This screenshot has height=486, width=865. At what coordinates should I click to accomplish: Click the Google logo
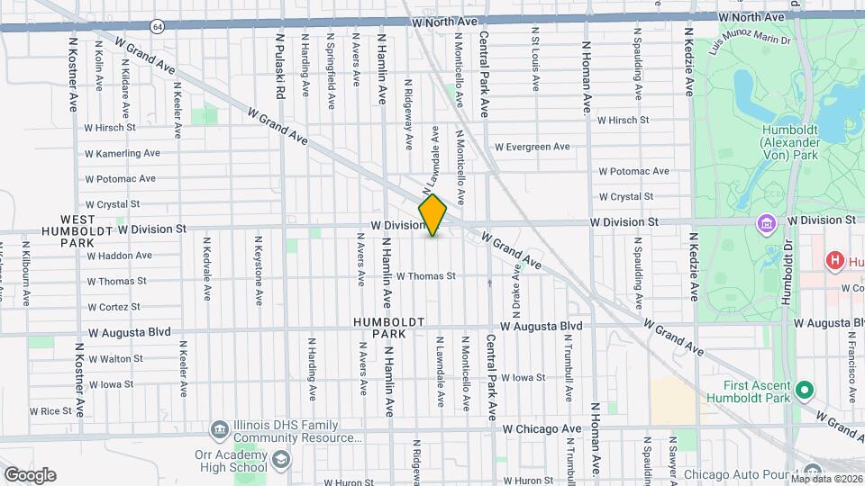coord(30,475)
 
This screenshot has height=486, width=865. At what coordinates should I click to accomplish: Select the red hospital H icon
coord(835,261)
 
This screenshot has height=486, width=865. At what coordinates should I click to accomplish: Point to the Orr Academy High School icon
coord(281,461)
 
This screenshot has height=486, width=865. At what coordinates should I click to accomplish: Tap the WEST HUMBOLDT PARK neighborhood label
coord(77,230)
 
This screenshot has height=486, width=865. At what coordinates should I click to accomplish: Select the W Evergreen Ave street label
coord(533,147)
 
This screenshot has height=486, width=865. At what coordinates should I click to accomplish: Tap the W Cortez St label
coord(116,306)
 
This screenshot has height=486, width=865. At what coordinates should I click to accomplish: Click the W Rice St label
coord(50,410)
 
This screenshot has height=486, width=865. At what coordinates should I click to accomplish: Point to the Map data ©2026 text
coord(825,478)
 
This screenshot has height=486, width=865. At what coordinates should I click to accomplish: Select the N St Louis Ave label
coord(535,64)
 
